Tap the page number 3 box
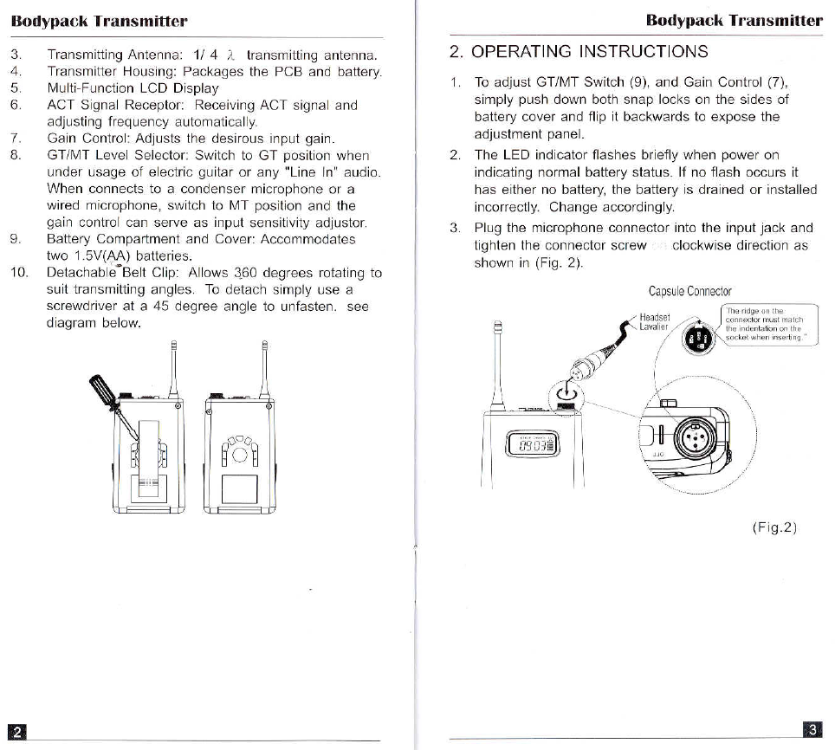[x=812, y=728]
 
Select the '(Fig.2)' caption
[x=773, y=528]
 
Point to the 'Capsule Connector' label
[x=689, y=292]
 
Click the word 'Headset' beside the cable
[x=655, y=316]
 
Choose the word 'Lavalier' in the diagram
[x=654, y=327]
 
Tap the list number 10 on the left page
[x=19, y=273]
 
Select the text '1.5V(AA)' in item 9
[x=102, y=256]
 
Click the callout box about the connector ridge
[x=768, y=327]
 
